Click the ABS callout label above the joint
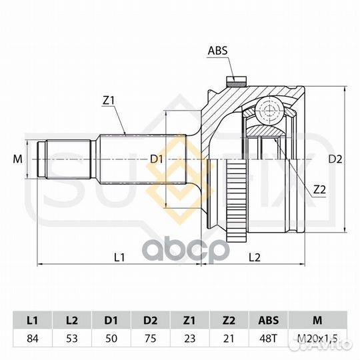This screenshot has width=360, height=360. (x=217, y=51)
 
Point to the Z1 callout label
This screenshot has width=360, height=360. (x=109, y=100)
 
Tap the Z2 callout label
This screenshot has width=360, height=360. (x=319, y=189)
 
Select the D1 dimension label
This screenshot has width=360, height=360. (x=157, y=159)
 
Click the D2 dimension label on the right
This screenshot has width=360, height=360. (x=335, y=159)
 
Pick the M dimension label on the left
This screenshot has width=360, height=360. (x=18, y=159)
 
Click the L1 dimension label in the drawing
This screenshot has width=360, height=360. (x=119, y=257)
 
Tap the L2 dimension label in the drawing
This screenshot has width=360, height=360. (x=255, y=257)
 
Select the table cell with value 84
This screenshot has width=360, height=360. (x=33, y=339)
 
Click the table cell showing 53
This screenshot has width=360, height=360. (x=72, y=339)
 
